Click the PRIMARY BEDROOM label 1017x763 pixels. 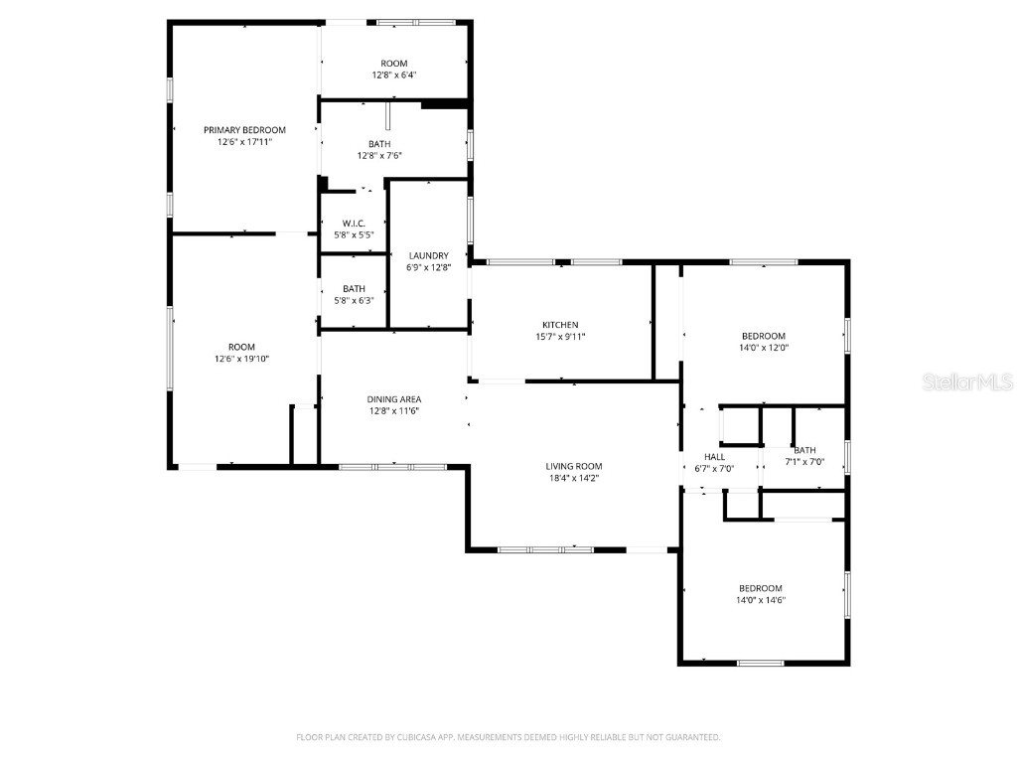(x=244, y=130)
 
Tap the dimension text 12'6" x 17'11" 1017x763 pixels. (x=244, y=142)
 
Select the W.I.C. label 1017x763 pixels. (x=354, y=223)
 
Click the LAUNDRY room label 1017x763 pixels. (x=428, y=255)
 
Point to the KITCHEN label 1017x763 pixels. (x=560, y=325)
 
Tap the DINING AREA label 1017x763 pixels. (x=394, y=399)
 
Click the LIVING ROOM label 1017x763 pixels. (x=574, y=466)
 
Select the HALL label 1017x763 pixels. (x=714, y=457)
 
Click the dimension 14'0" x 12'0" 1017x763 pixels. (x=763, y=348)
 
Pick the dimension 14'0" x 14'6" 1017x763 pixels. (x=761, y=600)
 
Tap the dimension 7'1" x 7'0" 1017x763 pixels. (x=804, y=462)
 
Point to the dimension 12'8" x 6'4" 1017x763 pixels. (x=394, y=76)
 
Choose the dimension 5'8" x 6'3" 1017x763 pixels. (x=354, y=301)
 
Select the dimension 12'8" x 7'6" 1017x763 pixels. (x=379, y=156)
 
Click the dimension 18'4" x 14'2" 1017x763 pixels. (x=574, y=478)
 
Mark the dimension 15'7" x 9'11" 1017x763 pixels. (x=560, y=337)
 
